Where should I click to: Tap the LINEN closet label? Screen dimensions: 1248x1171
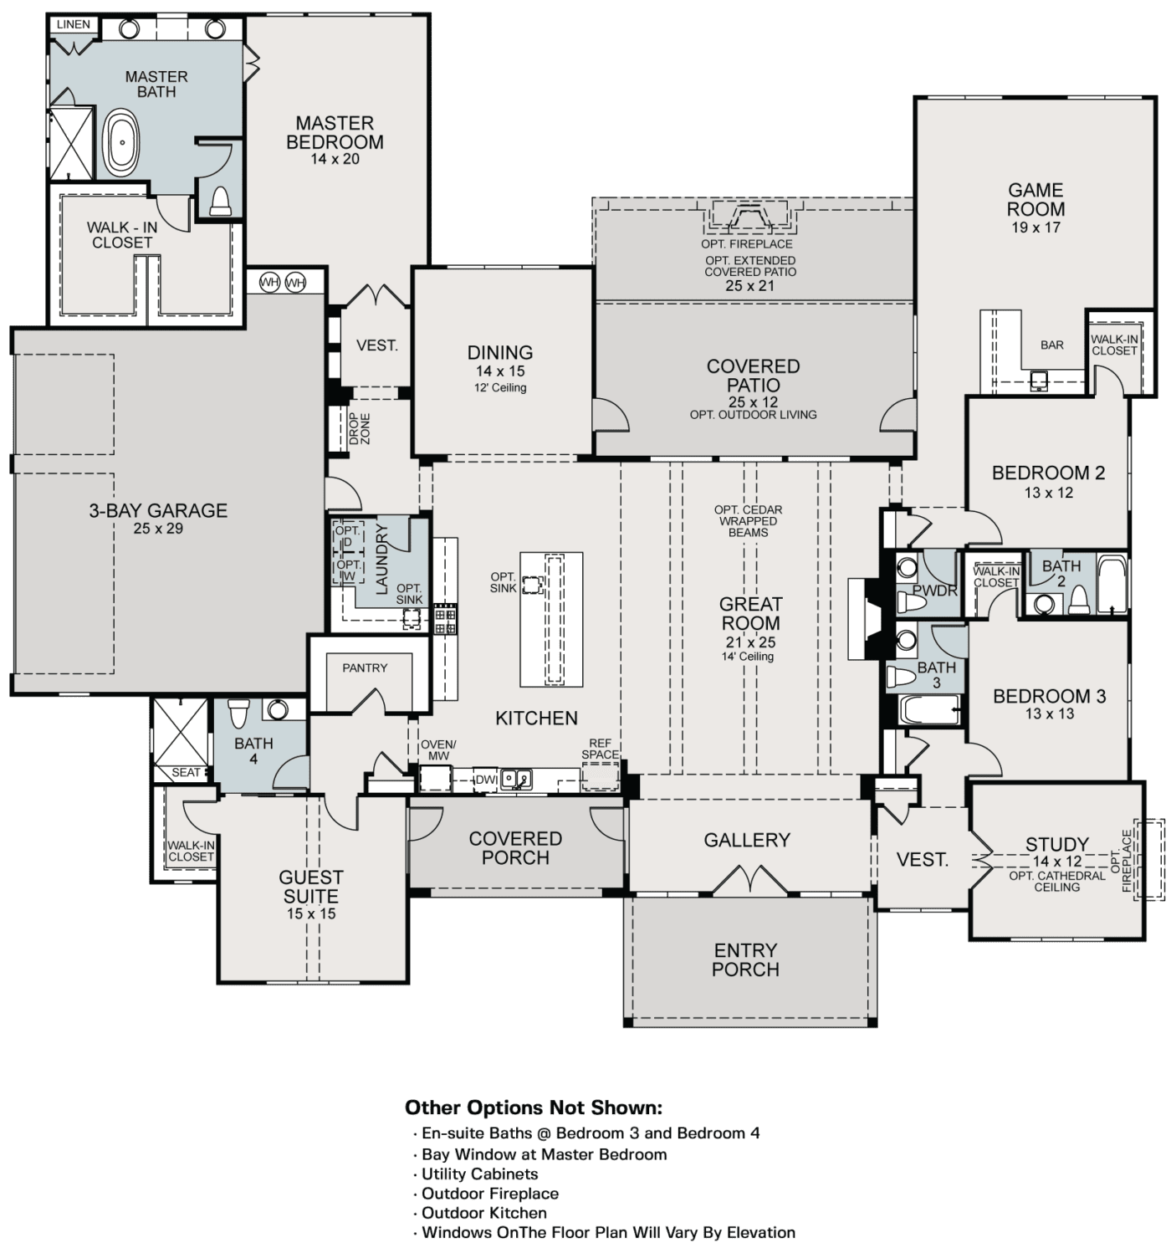click(x=74, y=24)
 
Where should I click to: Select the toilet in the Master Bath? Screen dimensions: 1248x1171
click(x=220, y=201)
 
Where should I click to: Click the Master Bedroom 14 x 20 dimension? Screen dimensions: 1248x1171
click(x=335, y=159)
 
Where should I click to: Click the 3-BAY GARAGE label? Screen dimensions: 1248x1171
click(x=158, y=510)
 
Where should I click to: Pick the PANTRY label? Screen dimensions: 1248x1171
click(x=365, y=667)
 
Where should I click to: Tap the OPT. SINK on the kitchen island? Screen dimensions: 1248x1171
click(x=530, y=583)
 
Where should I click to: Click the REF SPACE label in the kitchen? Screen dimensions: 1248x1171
click(x=600, y=749)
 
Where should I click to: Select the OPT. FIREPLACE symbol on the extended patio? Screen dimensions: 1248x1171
click(x=750, y=217)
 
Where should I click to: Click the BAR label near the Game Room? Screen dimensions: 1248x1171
click(x=1052, y=345)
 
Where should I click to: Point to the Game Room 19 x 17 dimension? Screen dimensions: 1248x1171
click(x=1035, y=228)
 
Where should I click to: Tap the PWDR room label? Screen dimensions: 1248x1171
click(x=928, y=590)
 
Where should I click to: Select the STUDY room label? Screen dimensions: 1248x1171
click(x=1057, y=844)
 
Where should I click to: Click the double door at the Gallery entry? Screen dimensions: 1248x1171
click(x=749, y=880)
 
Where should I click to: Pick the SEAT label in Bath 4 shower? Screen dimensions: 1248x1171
click(x=186, y=772)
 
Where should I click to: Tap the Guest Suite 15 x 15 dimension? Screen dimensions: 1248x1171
click(x=311, y=914)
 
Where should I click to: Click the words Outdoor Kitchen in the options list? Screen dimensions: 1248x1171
click(x=484, y=1213)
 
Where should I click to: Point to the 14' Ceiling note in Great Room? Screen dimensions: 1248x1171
click(x=748, y=657)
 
